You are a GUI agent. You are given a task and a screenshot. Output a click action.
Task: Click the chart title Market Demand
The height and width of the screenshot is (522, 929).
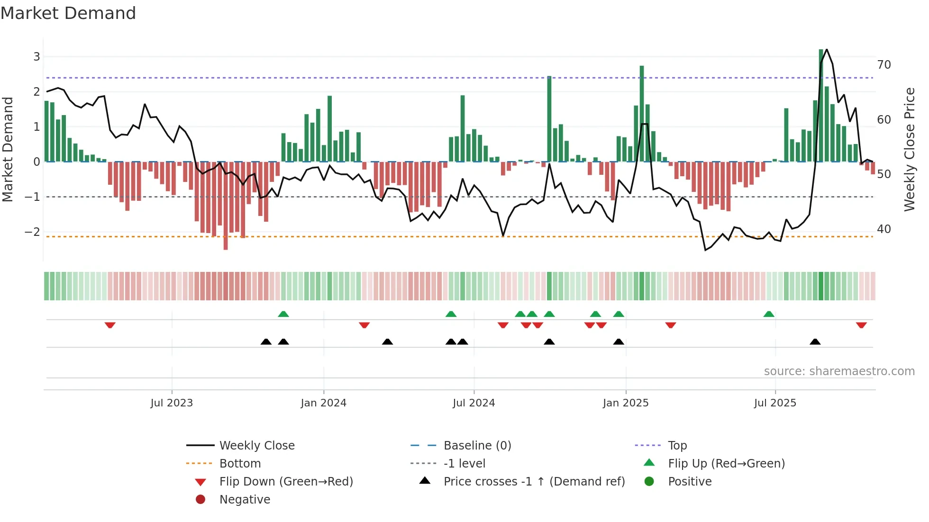point(68,13)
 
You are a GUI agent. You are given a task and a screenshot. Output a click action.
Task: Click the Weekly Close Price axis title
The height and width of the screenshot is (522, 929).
point(909,149)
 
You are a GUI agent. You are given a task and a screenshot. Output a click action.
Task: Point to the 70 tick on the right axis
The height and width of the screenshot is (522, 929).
point(884,65)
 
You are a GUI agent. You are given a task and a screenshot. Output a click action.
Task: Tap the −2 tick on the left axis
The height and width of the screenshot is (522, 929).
point(32,232)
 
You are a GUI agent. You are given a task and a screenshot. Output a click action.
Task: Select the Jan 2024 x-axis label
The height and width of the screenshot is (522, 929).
point(323,403)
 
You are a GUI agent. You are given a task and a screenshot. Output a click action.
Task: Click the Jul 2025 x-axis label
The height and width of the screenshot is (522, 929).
point(775,403)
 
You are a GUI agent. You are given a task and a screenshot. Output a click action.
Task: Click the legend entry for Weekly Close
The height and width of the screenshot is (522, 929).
point(256,446)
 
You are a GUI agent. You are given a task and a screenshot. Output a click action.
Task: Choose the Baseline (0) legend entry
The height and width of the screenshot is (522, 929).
point(477,446)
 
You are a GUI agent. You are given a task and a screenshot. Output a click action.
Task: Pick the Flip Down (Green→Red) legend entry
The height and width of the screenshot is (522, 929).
point(286,482)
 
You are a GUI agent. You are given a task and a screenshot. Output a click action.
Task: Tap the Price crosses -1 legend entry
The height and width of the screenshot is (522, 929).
point(534,482)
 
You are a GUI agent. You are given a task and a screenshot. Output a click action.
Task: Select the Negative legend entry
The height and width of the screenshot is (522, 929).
point(245,500)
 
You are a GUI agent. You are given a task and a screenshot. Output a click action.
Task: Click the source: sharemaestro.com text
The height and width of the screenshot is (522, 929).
point(839,371)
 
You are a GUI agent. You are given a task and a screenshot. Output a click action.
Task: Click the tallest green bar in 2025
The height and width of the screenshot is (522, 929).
point(821,104)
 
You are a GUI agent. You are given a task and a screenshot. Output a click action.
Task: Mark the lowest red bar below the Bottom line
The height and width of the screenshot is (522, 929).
point(226,244)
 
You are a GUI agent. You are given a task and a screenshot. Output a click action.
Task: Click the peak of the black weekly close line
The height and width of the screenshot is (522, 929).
point(827,49)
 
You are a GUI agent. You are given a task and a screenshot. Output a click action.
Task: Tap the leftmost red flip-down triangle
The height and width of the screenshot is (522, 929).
point(110,325)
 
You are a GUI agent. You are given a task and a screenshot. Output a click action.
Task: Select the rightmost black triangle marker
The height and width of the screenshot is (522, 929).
point(815,342)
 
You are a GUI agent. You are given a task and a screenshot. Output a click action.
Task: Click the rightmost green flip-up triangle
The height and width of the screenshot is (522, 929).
point(769,314)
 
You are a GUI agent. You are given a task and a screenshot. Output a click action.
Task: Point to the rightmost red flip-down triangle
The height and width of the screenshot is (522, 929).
point(861,325)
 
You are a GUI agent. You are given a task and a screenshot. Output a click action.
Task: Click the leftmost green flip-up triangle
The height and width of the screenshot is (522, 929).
point(283,314)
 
